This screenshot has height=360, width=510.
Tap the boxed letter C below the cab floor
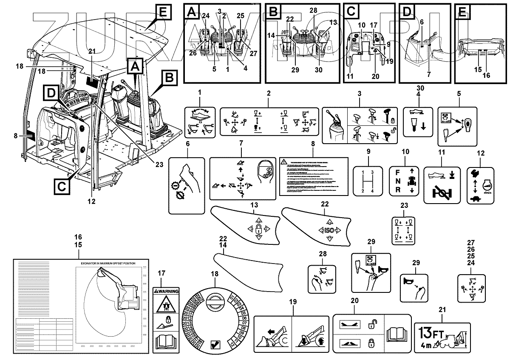point(62,186)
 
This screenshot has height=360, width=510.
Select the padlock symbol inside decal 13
point(258,229)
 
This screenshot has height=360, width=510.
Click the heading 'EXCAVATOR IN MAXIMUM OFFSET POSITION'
point(108,264)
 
